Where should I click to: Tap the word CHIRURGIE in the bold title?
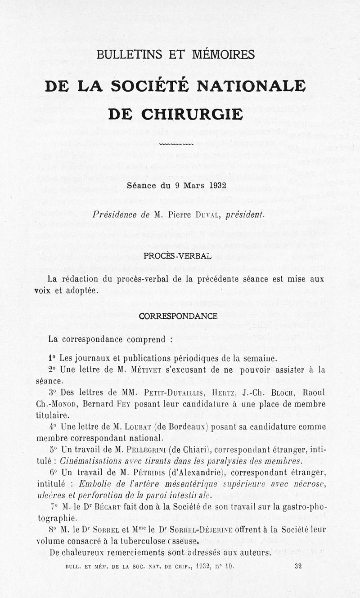192,114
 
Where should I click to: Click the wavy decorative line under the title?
176,145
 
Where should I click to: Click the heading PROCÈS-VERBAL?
177,256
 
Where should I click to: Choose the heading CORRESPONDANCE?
178,316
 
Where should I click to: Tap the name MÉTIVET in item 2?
149,370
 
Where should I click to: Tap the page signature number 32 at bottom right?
298,567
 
